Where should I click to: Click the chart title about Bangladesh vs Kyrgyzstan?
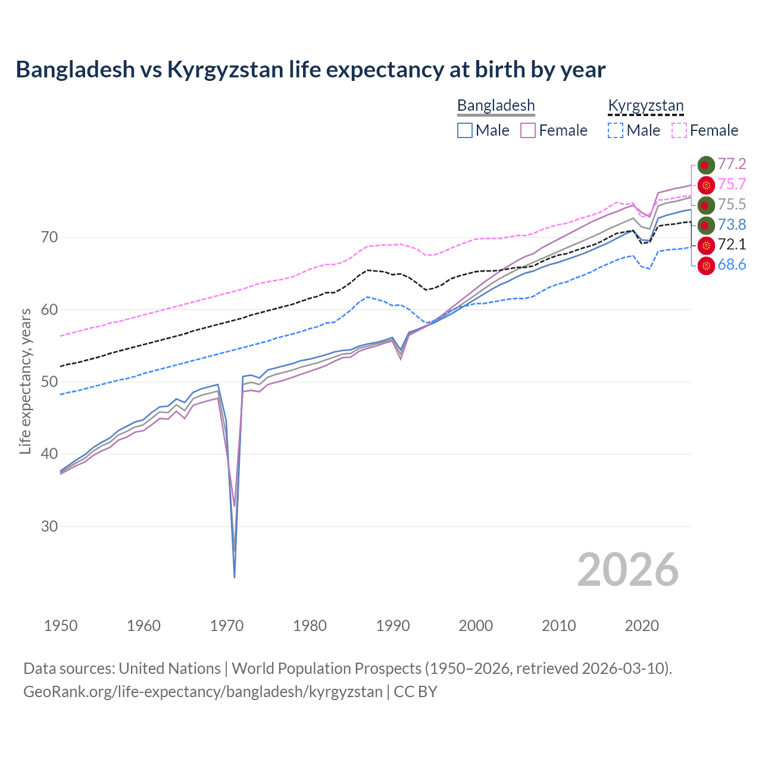pyautogui.click(x=310, y=70)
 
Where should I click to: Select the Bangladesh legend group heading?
pyautogui.click(x=496, y=106)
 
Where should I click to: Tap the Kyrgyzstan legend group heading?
pyautogui.click(x=645, y=106)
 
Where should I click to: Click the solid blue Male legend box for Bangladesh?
pyautogui.click(x=465, y=130)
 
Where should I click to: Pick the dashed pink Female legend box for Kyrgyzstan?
pyautogui.click(x=679, y=130)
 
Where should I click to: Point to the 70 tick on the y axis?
pyautogui.click(x=50, y=238)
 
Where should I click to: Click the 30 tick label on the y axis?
pyautogui.click(x=50, y=527)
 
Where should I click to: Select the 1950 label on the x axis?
pyautogui.click(x=61, y=626)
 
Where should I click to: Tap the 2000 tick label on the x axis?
pyautogui.click(x=476, y=626)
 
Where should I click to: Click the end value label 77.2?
pyautogui.click(x=732, y=164)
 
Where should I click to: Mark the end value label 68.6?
pyautogui.click(x=732, y=265)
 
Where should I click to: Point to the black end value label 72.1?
pyautogui.click(x=732, y=245)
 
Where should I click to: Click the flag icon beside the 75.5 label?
pyautogui.click(x=705, y=205)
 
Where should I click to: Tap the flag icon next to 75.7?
pyautogui.click(x=705, y=185)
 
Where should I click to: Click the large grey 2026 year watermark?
pyautogui.click(x=627, y=570)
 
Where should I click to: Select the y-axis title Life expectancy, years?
pyautogui.click(x=26, y=381)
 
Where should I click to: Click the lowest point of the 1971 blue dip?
pyautogui.click(x=235, y=577)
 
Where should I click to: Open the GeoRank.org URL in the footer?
pyautogui.click(x=202, y=692)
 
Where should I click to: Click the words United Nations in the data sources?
pyautogui.click(x=170, y=669)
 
